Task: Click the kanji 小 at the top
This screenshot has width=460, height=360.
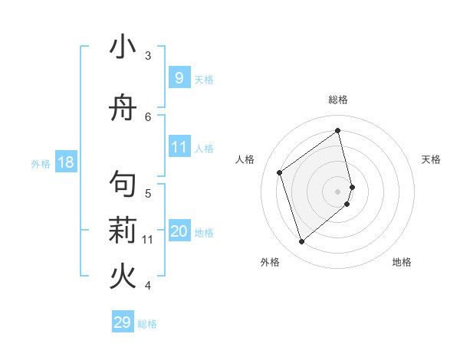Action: pyautogui.click(x=123, y=47)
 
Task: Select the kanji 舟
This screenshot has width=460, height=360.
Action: pyautogui.click(x=123, y=108)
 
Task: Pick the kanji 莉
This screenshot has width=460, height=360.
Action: pyautogui.click(x=123, y=231)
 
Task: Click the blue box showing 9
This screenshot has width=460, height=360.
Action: pyautogui.click(x=179, y=78)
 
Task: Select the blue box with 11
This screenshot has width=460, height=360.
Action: pyautogui.click(x=179, y=147)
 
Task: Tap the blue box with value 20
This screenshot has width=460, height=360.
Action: pyautogui.click(x=179, y=231)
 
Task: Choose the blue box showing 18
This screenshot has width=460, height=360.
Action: pyautogui.click(x=65, y=162)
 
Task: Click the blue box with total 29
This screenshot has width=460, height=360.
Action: pyautogui.click(x=123, y=322)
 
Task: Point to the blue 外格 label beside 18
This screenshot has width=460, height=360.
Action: pyautogui.click(x=41, y=163)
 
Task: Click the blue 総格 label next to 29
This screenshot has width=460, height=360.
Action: pyautogui.click(x=147, y=323)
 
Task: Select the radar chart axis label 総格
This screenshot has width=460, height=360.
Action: pyautogui.click(x=338, y=100)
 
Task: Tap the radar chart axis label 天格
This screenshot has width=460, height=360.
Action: pyautogui.click(x=431, y=159)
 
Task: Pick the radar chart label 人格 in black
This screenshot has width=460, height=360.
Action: pyautogui.click(x=245, y=159)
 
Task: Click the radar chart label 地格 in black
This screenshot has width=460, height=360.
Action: pyautogui.click(x=402, y=262)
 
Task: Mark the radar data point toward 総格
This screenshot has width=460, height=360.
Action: pyautogui.click(x=338, y=130)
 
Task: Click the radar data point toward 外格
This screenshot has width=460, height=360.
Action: pyautogui.click(x=301, y=242)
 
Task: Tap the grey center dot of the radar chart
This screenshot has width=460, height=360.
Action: pyautogui.click(x=338, y=191)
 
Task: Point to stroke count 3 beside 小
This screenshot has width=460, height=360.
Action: pyautogui.click(x=148, y=55)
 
